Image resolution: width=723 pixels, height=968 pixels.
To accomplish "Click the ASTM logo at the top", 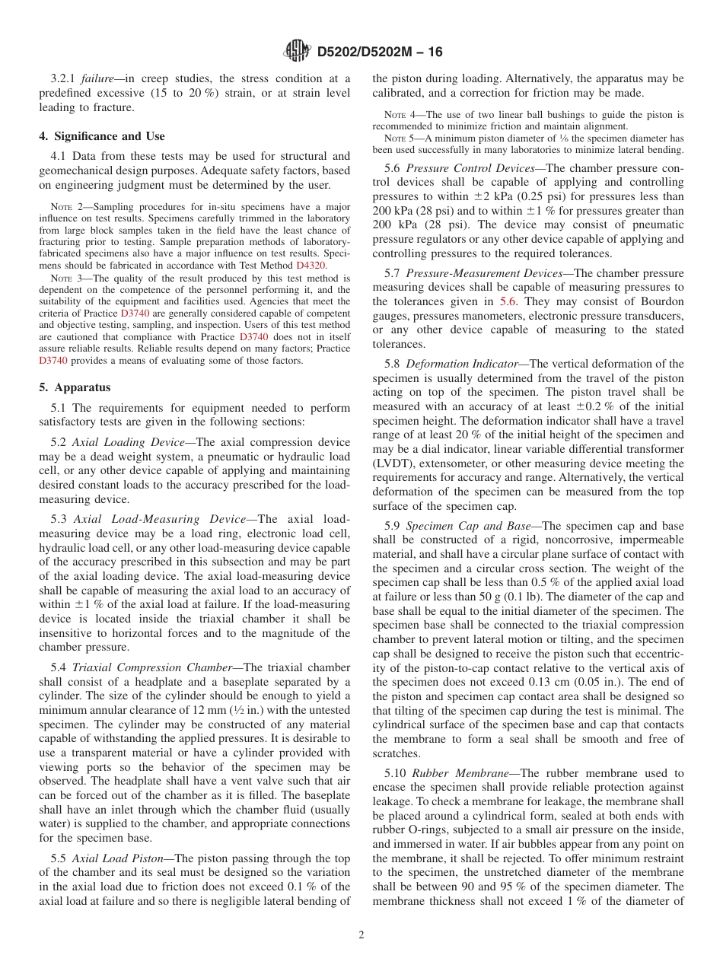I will pyautogui.click(x=297, y=51).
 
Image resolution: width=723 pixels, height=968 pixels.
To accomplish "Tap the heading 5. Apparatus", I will pyautogui.click(x=75, y=387).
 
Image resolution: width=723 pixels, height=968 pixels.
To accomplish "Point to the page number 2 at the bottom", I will pyautogui.click(x=361, y=935).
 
